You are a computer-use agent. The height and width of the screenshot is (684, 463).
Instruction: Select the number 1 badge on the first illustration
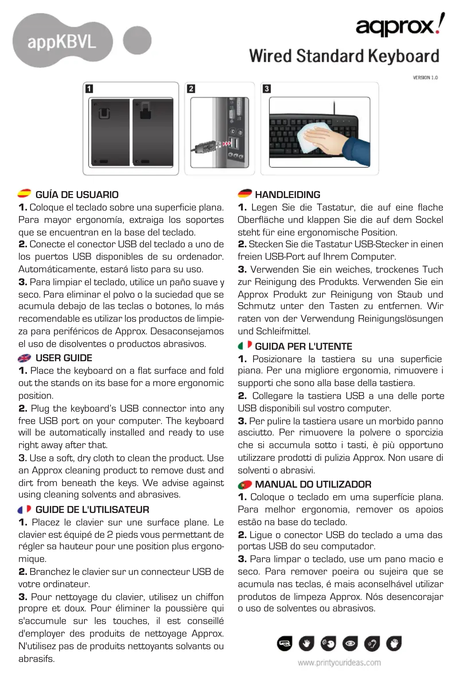(x=89, y=89)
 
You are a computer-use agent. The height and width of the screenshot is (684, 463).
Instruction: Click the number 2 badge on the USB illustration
(x=191, y=89)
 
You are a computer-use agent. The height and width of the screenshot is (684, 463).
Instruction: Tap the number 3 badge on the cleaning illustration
(x=267, y=89)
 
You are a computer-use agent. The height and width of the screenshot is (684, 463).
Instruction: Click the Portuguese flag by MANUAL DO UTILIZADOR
(x=245, y=484)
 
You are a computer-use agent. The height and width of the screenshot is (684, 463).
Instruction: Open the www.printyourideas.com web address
(x=339, y=663)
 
